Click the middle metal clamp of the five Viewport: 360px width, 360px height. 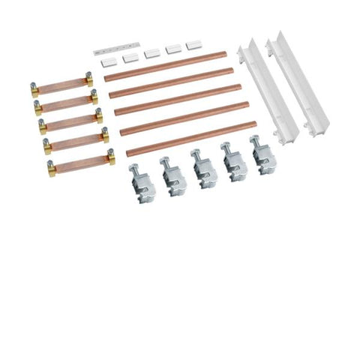[202, 166]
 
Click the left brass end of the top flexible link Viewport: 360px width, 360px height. [35, 88]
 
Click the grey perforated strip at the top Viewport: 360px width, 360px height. [109, 49]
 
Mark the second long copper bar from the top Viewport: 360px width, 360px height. [169, 82]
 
